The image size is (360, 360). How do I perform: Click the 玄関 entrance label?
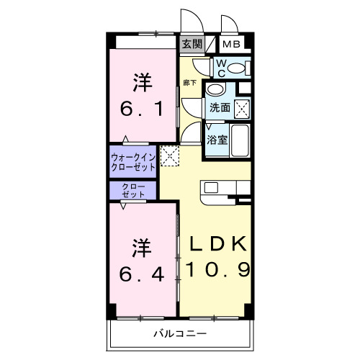click(x=191, y=44)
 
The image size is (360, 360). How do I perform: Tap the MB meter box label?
click(x=231, y=44)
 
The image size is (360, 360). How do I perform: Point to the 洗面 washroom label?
click(x=220, y=108)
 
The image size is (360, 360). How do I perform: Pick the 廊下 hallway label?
click(x=189, y=83)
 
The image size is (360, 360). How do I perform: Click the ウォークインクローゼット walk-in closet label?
click(x=133, y=162)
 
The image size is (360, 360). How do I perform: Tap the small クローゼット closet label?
click(x=133, y=191)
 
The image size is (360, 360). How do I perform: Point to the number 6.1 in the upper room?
click(x=141, y=109)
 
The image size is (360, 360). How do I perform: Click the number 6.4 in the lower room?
click(x=141, y=274)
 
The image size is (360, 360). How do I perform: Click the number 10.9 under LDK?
click(x=219, y=270)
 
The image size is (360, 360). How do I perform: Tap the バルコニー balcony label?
click(x=180, y=333)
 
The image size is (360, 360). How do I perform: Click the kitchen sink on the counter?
click(x=211, y=187)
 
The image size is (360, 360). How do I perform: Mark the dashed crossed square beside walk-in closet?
click(x=169, y=155)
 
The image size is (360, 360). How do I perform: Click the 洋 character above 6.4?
click(x=141, y=247)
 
